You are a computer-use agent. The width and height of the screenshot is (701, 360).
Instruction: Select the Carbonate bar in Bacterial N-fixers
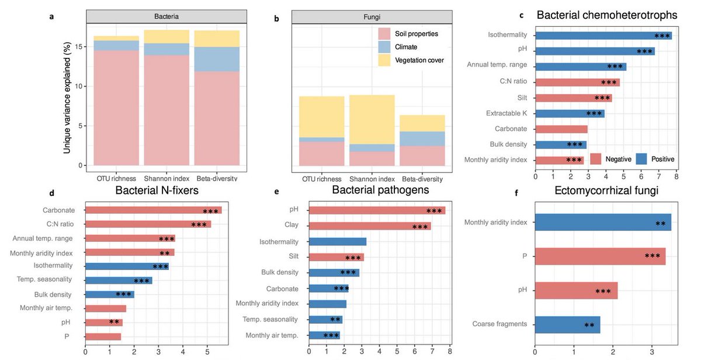pyautogui.click(x=153, y=210)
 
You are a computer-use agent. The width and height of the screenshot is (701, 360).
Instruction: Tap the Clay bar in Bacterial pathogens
pyautogui.click(x=369, y=226)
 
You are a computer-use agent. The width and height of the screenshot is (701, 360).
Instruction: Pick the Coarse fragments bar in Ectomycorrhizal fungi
pyautogui.click(x=567, y=324)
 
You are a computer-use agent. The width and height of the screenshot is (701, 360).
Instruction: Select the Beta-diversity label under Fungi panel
pyautogui.click(x=418, y=179)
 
